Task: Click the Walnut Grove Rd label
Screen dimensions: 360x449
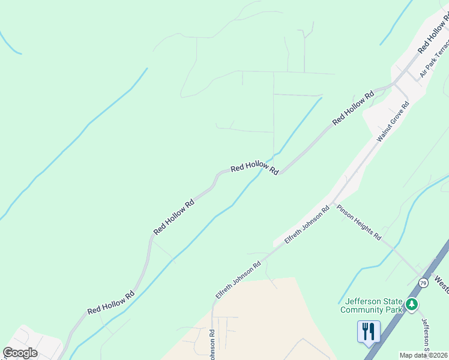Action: click(x=393, y=121)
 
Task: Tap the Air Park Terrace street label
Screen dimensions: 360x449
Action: click(x=435, y=59)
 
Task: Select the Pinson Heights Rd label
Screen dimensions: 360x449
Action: click(x=359, y=223)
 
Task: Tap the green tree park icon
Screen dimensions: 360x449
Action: click(x=411, y=305)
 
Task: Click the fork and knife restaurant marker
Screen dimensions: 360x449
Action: click(x=368, y=331)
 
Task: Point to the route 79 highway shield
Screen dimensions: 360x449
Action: click(x=424, y=283)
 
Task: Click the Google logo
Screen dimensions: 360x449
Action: click(x=20, y=353)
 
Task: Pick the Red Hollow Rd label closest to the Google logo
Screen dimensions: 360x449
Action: click(x=111, y=303)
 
